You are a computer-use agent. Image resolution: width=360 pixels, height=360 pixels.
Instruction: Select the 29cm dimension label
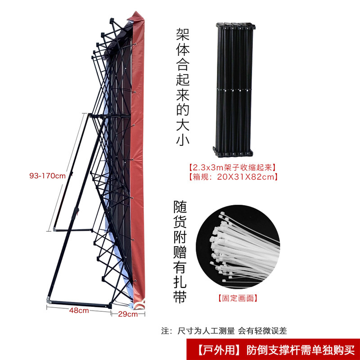pos(127,314)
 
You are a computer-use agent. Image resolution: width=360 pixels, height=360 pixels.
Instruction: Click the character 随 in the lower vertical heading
pos(180,208)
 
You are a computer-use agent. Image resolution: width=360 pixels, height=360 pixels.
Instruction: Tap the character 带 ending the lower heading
pos(180,297)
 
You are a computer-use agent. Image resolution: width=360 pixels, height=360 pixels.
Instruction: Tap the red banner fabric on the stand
pos(137,157)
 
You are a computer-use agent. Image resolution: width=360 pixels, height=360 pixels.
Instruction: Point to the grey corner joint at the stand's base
pos(49,299)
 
